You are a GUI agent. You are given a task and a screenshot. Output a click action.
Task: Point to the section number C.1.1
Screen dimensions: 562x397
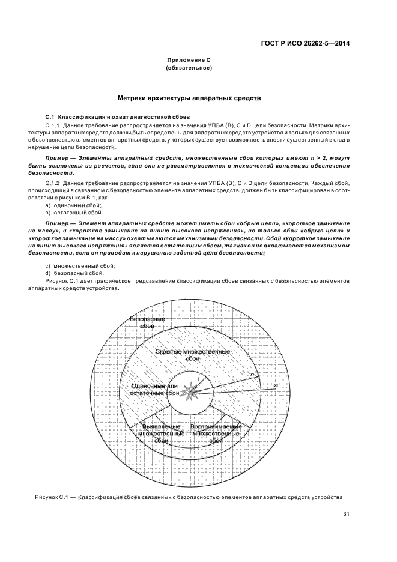click(x=53, y=123)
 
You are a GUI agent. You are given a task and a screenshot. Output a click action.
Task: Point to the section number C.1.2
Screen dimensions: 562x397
click(x=53, y=180)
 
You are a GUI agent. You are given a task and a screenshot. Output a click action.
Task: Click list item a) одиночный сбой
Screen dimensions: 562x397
click(x=67, y=205)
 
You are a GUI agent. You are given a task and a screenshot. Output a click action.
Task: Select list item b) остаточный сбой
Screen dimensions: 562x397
click(x=69, y=213)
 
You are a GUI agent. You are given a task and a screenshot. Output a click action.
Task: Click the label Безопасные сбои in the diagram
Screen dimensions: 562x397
click(x=147, y=322)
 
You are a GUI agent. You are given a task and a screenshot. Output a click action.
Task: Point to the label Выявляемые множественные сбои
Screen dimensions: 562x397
click(x=161, y=434)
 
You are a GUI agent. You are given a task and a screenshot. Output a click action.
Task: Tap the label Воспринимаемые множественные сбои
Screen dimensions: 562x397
click(x=216, y=434)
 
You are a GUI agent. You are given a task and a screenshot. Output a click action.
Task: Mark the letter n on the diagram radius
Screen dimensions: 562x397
click(x=252, y=375)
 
